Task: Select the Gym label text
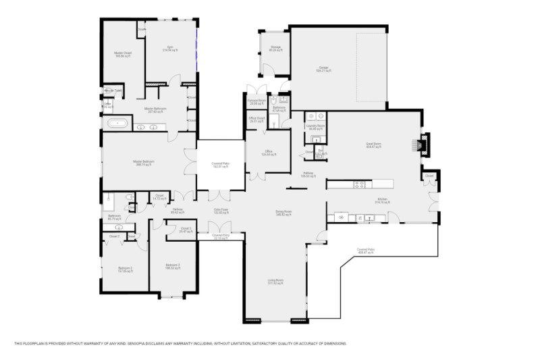[168, 49]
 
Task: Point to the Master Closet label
[122, 55]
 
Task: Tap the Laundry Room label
[316, 126]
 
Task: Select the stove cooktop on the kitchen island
[358, 183]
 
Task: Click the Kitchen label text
[383, 201]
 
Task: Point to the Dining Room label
[283, 212]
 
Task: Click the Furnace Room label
[256, 102]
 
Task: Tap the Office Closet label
[256, 120]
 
